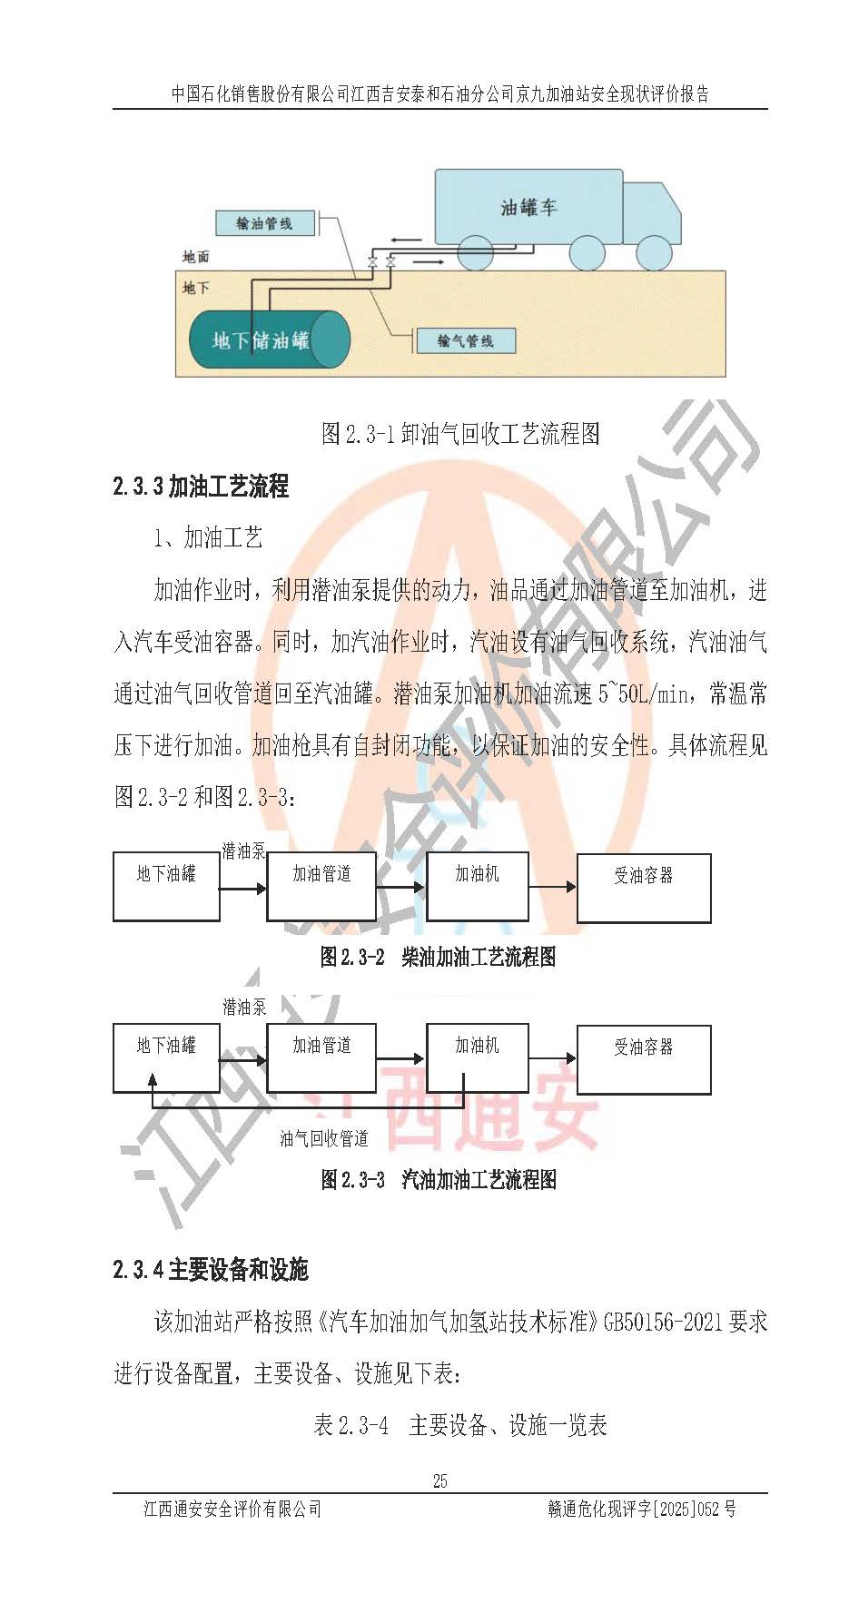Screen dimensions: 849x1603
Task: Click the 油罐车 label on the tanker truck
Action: pyautogui.click(x=528, y=207)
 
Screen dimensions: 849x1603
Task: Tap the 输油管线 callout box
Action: pyautogui.click(x=265, y=222)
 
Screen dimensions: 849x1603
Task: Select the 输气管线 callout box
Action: pyautogui.click(x=466, y=340)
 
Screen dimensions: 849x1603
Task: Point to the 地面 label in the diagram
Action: pyautogui.click(x=195, y=257)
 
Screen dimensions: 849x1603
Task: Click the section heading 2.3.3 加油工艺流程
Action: pyautogui.click(x=201, y=487)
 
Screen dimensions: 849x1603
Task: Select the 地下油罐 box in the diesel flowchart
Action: pyautogui.click(x=166, y=887)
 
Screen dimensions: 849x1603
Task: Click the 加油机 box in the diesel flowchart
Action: pyautogui.click(x=478, y=887)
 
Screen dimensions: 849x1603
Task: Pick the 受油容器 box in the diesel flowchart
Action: pyautogui.click(x=644, y=888)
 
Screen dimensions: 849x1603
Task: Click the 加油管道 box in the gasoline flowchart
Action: pyautogui.click(x=321, y=1058)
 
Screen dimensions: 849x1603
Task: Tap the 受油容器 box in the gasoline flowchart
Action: pyautogui.click(x=644, y=1059)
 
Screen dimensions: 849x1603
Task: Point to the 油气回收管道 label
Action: pyautogui.click(x=324, y=1138)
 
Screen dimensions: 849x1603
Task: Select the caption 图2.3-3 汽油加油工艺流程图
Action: pyautogui.click(x=439, y=1180)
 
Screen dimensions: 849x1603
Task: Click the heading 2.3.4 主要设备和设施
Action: pyautogui.click(x=211, y=1269)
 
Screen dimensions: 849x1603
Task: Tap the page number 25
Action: pyautogui.click(x=440, y=1480)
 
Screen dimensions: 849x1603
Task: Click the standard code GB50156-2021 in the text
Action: pyautogui.click(x=663, y=1322)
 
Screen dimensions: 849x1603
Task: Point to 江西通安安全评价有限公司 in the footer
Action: pyautogui.click(x=233, y=1509)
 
